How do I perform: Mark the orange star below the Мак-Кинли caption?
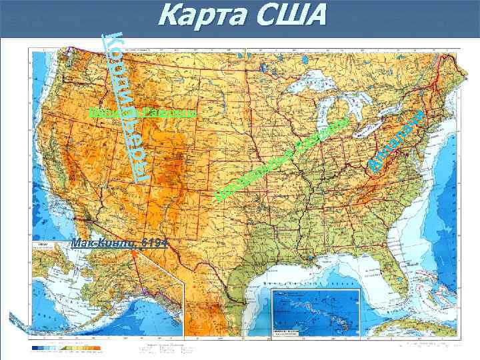[x=137, y=253]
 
